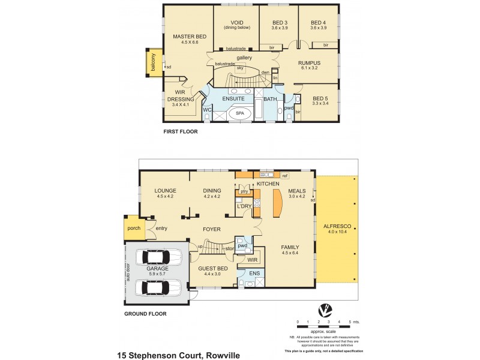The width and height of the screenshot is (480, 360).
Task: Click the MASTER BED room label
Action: click(x=190, y=37)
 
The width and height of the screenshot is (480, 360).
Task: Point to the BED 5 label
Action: click(x=321, y=98)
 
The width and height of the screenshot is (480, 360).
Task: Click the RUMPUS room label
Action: click(x=310, y=62)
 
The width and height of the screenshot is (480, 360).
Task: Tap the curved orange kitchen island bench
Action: click(x=277, y=203)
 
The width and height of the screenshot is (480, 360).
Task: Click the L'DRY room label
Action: click(x=244, y=206)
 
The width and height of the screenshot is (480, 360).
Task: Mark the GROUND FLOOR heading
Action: click(x=145, y=313)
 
